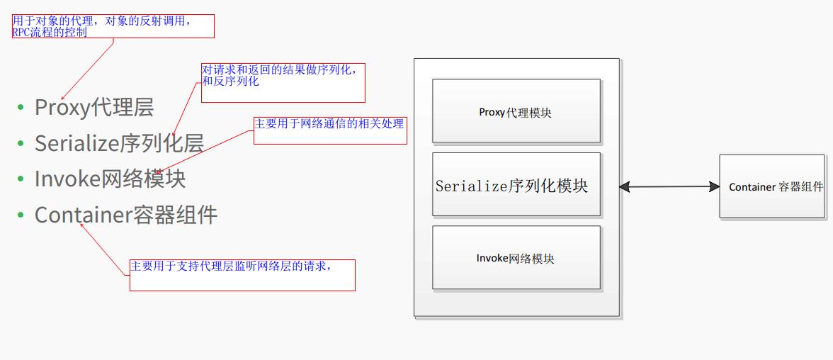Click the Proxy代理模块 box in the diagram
coord(516,111)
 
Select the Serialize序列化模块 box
coord(516,185)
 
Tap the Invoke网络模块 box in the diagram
coord(516,258)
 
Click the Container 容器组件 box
coord(773,186)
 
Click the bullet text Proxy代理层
coord(94,108)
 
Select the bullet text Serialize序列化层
coord(119,143)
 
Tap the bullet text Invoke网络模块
coord(110,179)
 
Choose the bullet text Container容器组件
coord(125,214)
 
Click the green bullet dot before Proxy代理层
coord(21,108)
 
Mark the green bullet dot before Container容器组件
coord(21,214)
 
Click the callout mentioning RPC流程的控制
coord(113,26)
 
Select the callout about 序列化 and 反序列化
coord(283,82)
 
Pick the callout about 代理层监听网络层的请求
coord(242,275)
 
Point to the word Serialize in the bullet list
coord(75,143)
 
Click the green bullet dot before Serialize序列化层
coord(21,143)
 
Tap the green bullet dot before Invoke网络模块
coord(21,179)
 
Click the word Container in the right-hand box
coord(752,187)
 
